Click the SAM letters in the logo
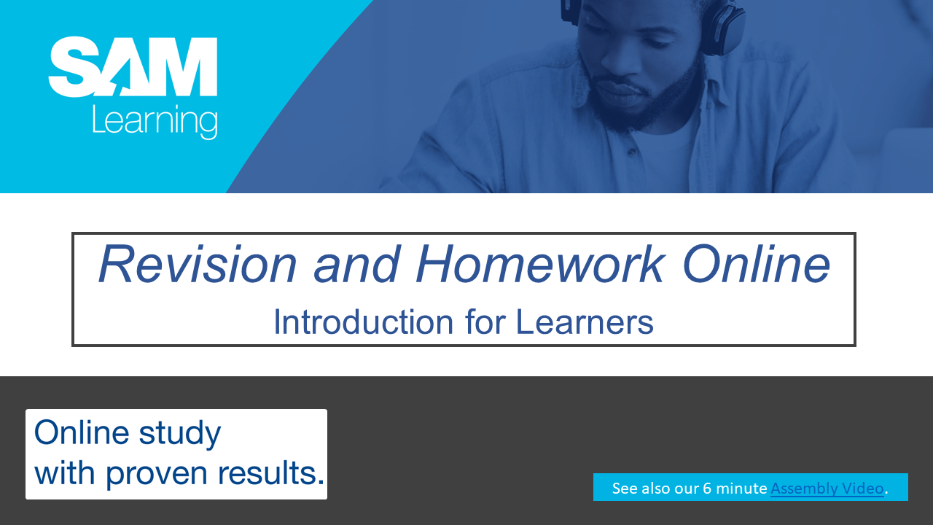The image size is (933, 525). point(133,66)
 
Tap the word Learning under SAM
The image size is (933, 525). point(155,121)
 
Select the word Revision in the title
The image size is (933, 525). point(198,264)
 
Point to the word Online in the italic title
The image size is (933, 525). point(757,264)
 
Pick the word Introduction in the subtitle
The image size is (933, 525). point(363,322)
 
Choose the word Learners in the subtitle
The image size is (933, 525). point(585,322)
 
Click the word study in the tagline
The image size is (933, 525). point(179,434)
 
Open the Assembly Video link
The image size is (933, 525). point(827,489)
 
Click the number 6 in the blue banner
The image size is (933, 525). point(707,489)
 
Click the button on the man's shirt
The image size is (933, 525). point(632,152)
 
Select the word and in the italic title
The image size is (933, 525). point(356,264)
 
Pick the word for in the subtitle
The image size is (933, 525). point(485,322)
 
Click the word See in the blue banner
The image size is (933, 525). point(625,489)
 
